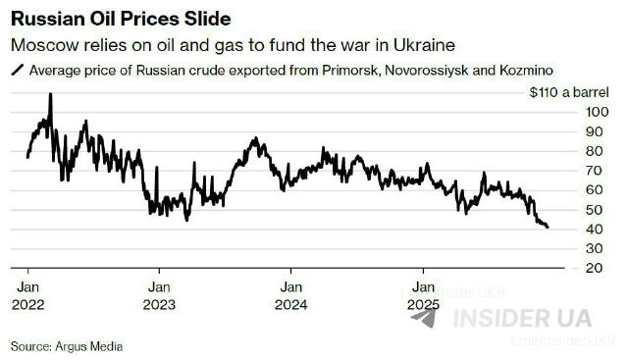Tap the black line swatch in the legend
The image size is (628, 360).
18,71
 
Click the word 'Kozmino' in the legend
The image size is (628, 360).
524,71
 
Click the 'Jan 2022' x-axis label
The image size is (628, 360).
27,295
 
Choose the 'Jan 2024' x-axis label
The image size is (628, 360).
290,295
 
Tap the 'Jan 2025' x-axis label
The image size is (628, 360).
423,295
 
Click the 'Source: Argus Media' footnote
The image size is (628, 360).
67,345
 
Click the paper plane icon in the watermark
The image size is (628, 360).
424,318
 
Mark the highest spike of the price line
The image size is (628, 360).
50,95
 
